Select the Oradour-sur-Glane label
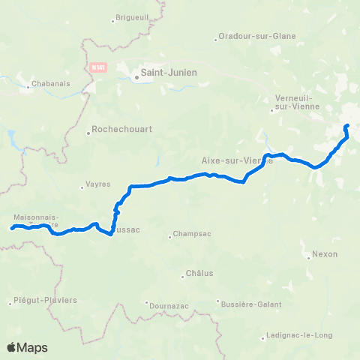click(x=256, y=36)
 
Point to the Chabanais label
click(x=52, y=84)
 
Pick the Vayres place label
click(x=98, y=184)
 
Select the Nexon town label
click(x=325, y=253)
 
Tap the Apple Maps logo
click(x=27, y=347)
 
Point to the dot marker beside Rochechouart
click(x=88, y=133)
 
